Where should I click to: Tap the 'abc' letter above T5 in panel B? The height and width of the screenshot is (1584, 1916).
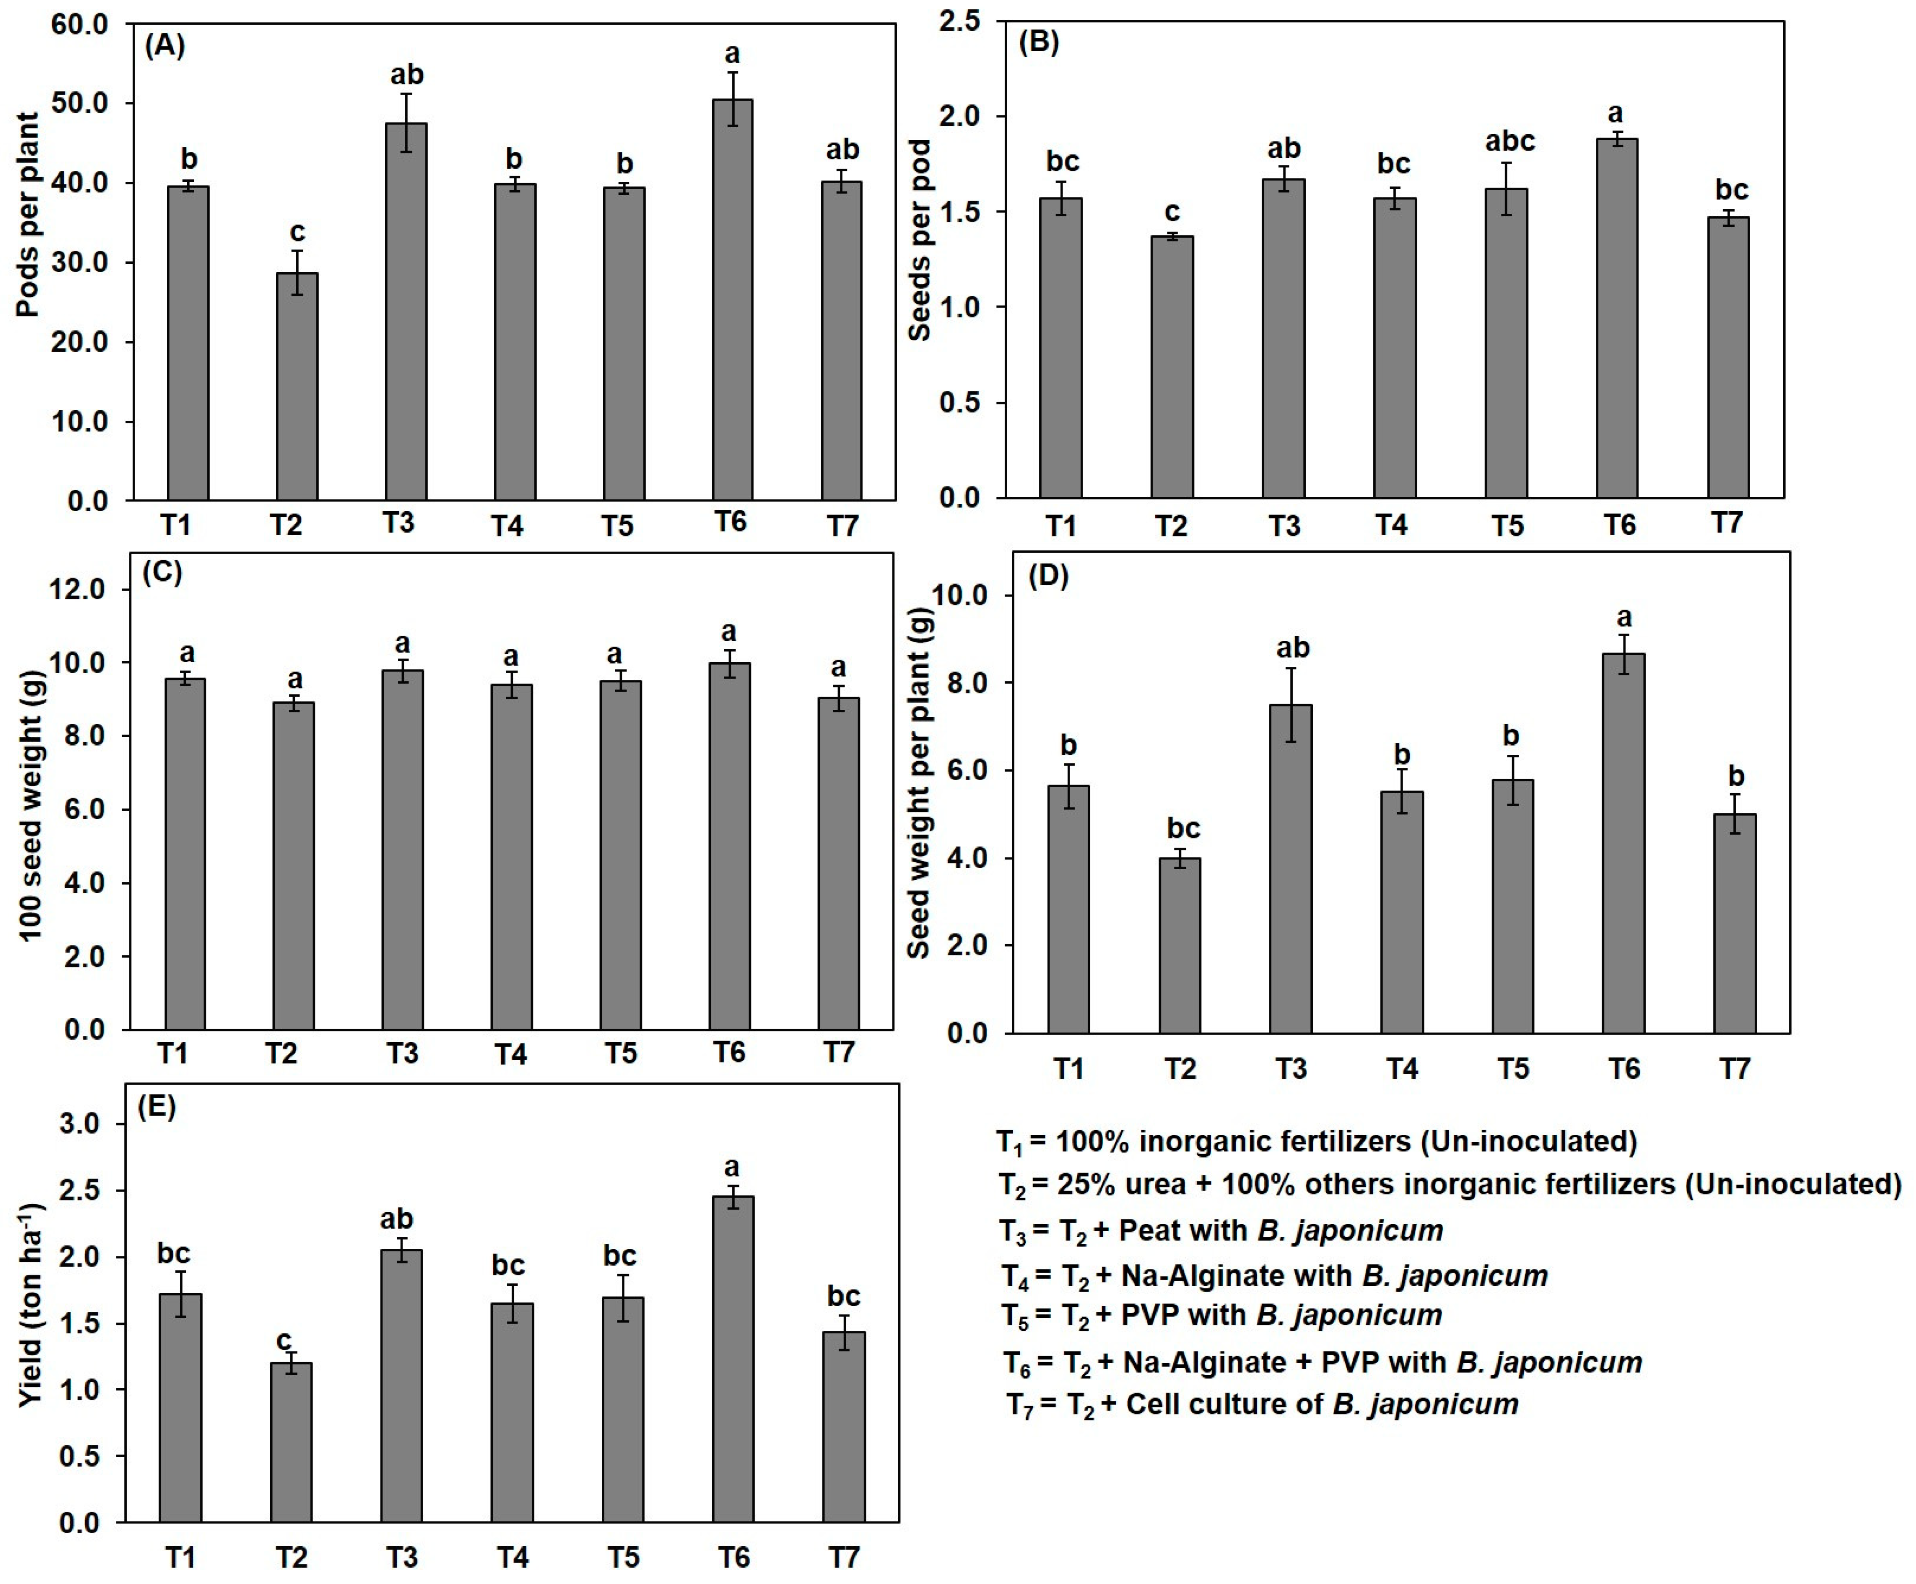tap(1509, 141)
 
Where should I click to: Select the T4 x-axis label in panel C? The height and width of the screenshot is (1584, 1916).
tap(511, 1055)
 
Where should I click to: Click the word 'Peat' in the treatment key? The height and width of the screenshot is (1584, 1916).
tap(1150, 1230)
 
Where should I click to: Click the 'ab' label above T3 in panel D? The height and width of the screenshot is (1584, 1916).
tap(1292, 648)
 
